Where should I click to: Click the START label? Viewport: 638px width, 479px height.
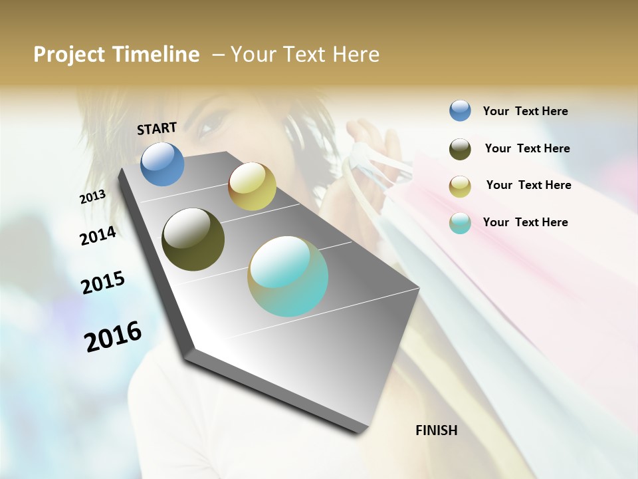pos(157,128)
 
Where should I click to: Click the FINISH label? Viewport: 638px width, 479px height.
pos(436,430)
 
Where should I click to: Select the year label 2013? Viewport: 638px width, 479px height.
pos(92,197)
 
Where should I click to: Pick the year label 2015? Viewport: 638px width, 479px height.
pos(103,283)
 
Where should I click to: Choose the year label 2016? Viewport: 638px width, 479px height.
pos(113,336)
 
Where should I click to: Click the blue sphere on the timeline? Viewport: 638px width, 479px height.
pos(163,164)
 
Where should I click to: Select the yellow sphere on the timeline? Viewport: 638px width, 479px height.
pos(252,186)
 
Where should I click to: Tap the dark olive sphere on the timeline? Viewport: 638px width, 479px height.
pos(193,239)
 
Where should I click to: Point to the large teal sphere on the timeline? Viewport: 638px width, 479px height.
pos(288,276)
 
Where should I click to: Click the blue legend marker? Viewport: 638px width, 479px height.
pos(460,110)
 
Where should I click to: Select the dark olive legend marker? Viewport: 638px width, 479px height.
pos(460,149)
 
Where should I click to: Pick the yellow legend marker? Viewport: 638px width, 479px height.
pos(460,186)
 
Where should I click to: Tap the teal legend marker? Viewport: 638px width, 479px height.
pos(460,223)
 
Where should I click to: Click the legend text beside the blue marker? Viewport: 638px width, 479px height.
pos(525,111)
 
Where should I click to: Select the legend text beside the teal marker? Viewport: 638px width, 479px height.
pos(525,222)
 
